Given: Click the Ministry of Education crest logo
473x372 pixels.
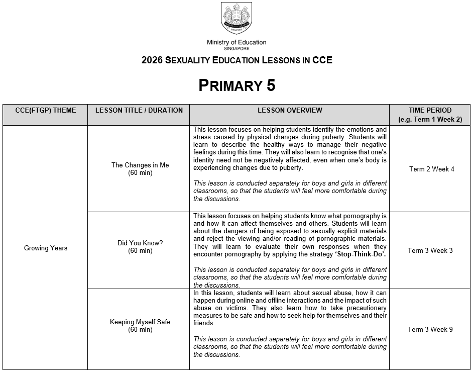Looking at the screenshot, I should point(236,18).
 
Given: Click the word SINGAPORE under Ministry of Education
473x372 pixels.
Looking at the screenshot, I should point(236,48).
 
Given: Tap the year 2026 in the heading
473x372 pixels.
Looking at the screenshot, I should point(152,60).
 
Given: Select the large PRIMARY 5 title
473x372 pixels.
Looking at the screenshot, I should point(236,85).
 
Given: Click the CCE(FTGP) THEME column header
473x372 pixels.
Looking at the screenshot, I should point(46,111).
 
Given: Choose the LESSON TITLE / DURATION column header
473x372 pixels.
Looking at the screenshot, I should point(139,111).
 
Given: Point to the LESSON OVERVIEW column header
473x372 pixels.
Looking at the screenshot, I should point(290,111).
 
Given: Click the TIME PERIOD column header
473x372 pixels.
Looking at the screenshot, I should point(430,111).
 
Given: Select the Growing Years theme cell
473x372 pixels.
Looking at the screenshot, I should point(46,248).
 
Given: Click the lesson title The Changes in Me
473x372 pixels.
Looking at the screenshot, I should point(140,165).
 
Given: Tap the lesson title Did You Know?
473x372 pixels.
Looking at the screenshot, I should point(140,243).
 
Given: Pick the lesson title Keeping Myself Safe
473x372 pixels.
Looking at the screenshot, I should point(140,322).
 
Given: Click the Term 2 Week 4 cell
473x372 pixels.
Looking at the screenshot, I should point(431,169).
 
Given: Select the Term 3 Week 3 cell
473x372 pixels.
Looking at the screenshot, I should point(430,250).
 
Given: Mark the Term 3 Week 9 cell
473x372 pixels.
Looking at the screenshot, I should point(430,329).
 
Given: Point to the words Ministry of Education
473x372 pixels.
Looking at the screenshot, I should point(236,42).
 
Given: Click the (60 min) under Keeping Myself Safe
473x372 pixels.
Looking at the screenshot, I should point(140,330).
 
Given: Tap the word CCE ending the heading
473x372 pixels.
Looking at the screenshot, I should point(322,60).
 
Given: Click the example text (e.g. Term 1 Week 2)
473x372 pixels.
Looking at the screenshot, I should point(430,120).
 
